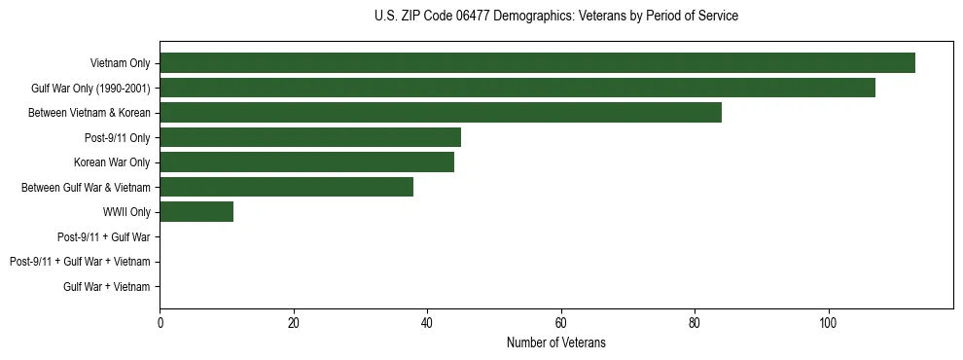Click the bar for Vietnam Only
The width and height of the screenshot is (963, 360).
537,63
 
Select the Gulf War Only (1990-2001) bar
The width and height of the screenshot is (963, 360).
517,88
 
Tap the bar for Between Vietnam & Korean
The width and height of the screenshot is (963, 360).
441,113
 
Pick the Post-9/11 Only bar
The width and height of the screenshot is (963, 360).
310,137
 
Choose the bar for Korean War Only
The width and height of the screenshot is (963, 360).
306,162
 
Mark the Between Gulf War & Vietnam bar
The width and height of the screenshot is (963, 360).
287,187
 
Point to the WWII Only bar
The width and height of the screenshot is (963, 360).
196,212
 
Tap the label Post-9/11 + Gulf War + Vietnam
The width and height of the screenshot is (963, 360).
80,262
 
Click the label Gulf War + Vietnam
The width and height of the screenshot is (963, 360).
107,287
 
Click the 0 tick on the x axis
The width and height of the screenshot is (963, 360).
160,323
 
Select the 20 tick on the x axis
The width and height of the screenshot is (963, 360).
294,323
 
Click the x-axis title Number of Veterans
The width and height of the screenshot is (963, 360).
555,342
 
